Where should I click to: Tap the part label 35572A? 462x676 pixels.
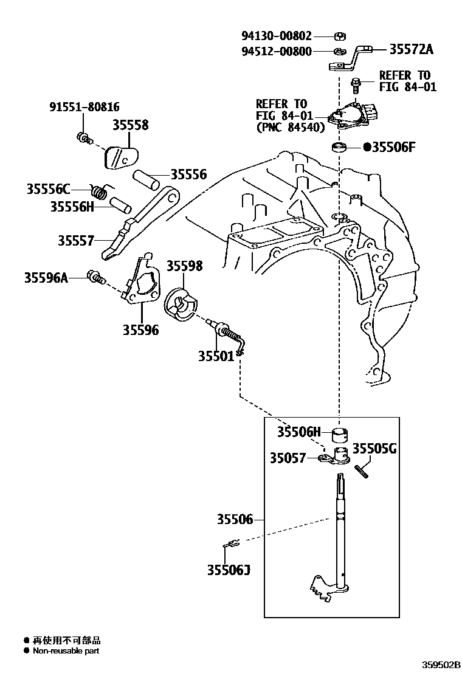(398, 49)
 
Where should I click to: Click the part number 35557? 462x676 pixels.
(76, 241)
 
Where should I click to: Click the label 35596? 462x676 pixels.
(140, 329)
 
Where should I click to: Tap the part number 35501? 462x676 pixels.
(215, 356)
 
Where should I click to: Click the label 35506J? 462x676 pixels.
(228, 570)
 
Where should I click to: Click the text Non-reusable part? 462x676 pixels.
(66, 650)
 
